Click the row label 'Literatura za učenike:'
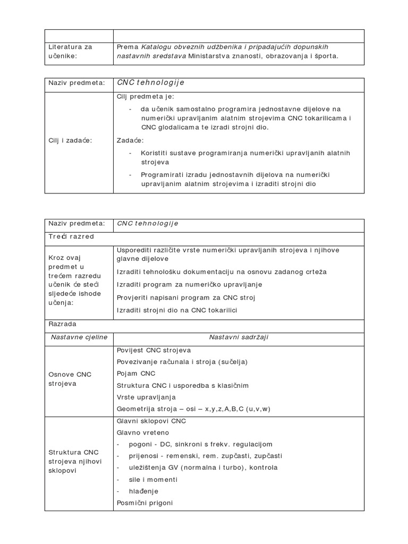coord(70,51)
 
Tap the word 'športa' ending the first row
coord(325,55)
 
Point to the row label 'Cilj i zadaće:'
coord(70,140)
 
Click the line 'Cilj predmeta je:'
coord(144,96)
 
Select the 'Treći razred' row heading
coord(71,236)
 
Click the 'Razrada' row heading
coord(63,323)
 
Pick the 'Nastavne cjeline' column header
coord(79,337)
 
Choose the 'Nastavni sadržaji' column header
coord(239,337)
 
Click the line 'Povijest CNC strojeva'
coord(154,351)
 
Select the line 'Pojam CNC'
coord(136,373)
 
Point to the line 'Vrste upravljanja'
coord(146,397)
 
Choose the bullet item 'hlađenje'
coord(143,491)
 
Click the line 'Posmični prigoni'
coord(144,503)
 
